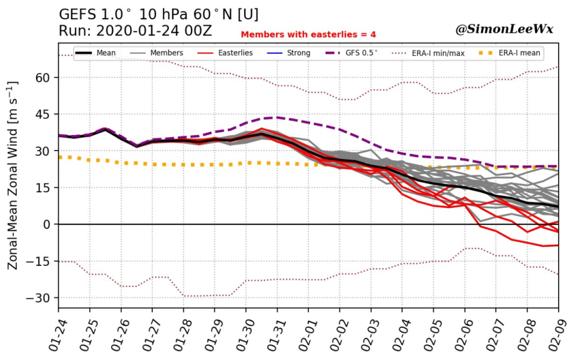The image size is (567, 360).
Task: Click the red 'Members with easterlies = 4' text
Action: click(x=308, y=34)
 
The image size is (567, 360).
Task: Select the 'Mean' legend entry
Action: click(x=95, y=53)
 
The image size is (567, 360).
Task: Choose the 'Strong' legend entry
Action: click(x=288, y=53)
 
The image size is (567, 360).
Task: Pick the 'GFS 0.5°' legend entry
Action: click(x=352, y=53)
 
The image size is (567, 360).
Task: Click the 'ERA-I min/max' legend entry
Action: click(x=428, y=53)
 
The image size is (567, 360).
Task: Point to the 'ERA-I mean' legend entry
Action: click(x=509, y=53)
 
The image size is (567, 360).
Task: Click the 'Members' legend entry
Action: click(x=156, y=53)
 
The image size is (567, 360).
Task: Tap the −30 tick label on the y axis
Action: click(x=40, y=298)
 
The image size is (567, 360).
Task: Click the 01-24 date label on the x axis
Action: click(x=56, y=336)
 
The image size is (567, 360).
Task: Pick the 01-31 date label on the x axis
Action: click(x=275, y=336)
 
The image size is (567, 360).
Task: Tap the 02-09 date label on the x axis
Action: click(x=556, y=336)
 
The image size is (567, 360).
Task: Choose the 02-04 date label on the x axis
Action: click(x=400, y=336)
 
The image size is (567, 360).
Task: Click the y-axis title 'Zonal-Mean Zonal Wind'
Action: click(x=12, y=175)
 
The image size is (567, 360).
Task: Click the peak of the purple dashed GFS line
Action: click(x=277, y=117)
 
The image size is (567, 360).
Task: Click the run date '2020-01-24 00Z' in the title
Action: click(x=154, y=30)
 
